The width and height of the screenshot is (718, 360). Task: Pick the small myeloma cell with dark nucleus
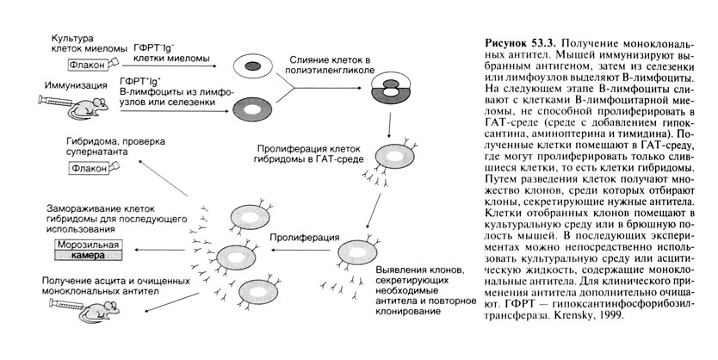(x=251, y=65)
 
